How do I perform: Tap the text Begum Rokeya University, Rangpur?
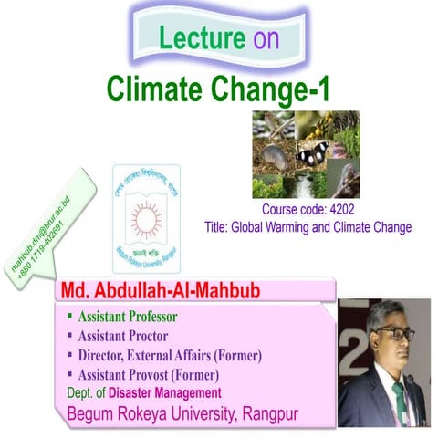182,415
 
